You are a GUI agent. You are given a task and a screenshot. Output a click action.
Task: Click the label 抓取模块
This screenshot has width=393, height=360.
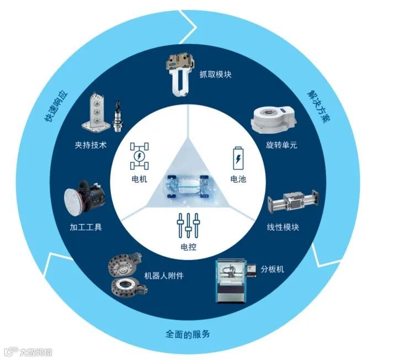[215, 73]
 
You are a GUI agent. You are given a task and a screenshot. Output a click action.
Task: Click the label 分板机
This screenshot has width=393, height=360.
[272, 269]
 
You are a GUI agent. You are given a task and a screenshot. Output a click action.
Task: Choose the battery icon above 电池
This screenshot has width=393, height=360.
[238, 158]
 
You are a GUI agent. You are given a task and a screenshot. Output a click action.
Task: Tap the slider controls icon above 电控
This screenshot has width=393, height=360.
[188, 225]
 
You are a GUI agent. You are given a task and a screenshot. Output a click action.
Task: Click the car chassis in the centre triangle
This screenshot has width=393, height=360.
[188, 188]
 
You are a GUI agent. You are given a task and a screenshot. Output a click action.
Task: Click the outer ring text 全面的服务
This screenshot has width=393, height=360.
[188, 335]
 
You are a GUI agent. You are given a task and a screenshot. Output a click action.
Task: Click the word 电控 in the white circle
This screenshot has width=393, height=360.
[188, 246]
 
